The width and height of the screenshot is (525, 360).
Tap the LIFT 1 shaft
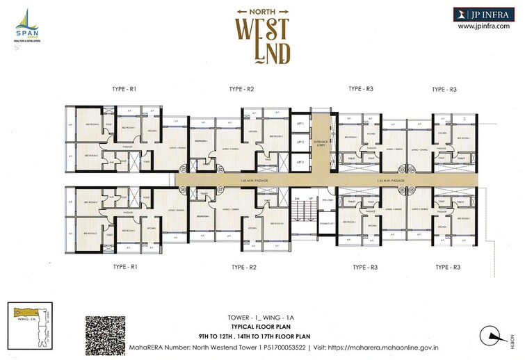[300, 123]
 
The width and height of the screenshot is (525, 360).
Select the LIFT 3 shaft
[300, 162]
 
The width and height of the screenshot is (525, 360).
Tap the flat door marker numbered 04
[412, 169]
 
